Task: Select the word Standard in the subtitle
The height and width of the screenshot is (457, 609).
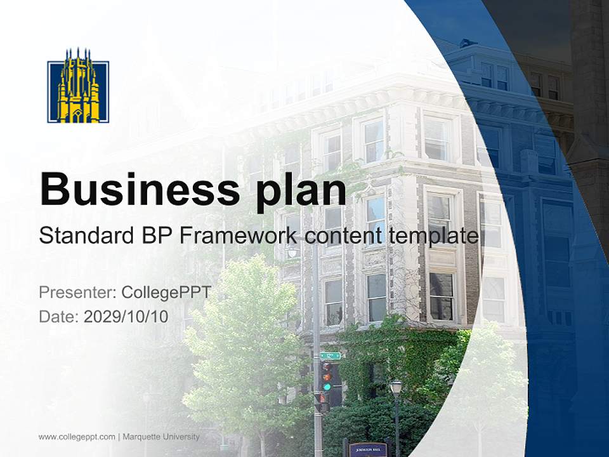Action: [x=82, y=236]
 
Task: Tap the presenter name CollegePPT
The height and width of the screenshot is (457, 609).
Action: [x=166, y=293]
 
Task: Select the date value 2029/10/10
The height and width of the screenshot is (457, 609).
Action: [x=126, y=316]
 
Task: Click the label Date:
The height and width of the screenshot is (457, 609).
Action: [x=59, y=316]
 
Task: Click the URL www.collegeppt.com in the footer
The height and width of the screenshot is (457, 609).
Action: [x=77, y=437]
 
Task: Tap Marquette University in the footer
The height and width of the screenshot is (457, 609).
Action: [x=160, y=437]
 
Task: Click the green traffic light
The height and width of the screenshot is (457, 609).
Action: [x=327, y=385]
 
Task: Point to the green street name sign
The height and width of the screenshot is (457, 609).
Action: [x=330, y=355]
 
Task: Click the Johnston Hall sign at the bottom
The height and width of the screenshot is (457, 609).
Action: [x=367, y=448]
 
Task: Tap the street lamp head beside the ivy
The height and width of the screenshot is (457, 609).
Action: [x=396, y=386]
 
